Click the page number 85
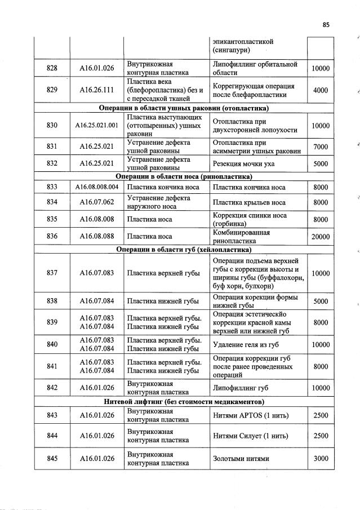(326, 24)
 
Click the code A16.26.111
(96, 90)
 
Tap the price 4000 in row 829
(320, 90)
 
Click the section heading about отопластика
(184, 108)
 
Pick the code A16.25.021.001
(96, 125)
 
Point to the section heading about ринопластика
(184, 176)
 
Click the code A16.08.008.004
(96, 187)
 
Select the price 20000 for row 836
(320, 237)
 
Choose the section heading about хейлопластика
(184, 249)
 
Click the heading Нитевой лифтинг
(184, 401)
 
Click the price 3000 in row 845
(320, 459)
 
